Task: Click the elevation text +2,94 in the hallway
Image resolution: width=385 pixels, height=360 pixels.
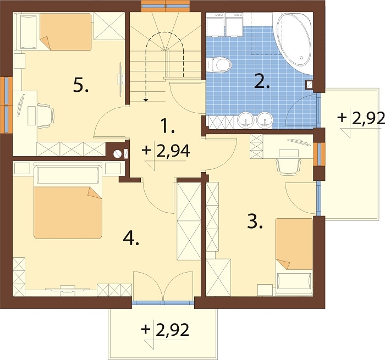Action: (166, 151)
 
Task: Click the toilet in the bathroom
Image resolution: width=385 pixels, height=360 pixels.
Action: (218, 65)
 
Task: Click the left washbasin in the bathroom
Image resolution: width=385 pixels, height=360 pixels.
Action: (245, 120)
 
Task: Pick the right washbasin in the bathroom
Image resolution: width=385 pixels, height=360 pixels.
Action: (265, 120)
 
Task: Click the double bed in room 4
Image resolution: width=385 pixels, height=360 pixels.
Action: (68, 202)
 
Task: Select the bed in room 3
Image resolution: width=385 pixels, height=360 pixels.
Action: (294, 255)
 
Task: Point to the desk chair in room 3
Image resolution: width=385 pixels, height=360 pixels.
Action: (289, 167)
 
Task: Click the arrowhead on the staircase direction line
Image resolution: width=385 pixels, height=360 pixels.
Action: (146, 99)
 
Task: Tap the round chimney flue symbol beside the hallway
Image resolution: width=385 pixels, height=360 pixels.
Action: (117, 154)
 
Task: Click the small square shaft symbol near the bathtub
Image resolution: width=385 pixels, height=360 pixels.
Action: (309, 85)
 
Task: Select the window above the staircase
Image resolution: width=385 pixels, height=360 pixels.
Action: (166, 6)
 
